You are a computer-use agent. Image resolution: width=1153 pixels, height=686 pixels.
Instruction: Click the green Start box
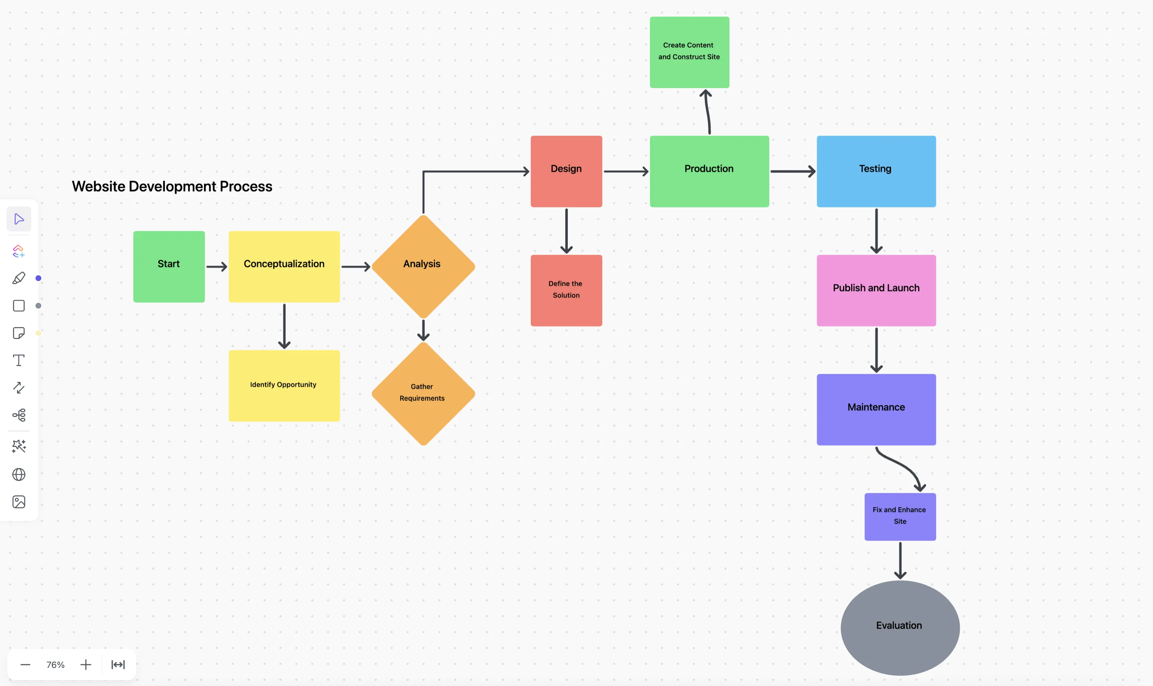(x=169, y=267)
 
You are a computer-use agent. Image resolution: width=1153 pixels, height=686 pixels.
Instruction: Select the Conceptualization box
(x=284, y=267)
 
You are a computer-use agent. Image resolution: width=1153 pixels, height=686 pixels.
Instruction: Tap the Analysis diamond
(x=423, y=267)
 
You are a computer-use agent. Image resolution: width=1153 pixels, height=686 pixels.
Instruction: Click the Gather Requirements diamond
(x=423, y=393)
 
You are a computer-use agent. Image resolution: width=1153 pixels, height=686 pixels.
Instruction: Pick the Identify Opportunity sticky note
(x=284, y=385)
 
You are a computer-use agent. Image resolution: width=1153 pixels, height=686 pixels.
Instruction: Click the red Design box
(x=566, y=171)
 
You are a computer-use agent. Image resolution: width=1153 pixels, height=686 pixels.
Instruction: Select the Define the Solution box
(x=566, y=290)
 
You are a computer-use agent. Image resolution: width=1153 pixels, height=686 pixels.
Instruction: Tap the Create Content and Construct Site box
(x=689, y=52)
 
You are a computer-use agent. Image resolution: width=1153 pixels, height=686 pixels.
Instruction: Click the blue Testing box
(x=876, y=171)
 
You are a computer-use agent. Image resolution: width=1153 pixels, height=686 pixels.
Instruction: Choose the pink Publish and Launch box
(x=876, y=290)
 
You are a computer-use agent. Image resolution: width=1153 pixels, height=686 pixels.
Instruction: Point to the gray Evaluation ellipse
(x=900, y=628)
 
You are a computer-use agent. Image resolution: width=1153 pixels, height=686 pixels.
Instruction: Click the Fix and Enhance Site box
(x=900, y=516)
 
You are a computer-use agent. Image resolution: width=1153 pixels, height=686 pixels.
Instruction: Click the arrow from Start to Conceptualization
(x=216, y=267)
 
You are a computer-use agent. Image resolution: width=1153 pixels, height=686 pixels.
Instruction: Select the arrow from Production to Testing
(x=792, y=171)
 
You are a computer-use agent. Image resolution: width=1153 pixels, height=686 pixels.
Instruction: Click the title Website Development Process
(x=172, y=186)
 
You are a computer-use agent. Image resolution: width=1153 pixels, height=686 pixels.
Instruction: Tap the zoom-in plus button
(x=86, y=664)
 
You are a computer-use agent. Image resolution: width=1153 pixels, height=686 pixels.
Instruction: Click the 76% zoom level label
(x=55, y=664)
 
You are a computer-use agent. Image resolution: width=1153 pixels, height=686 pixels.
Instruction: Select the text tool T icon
(x=18, y=360)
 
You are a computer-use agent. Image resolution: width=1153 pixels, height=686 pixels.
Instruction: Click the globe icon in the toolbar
(x=18, y=474)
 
